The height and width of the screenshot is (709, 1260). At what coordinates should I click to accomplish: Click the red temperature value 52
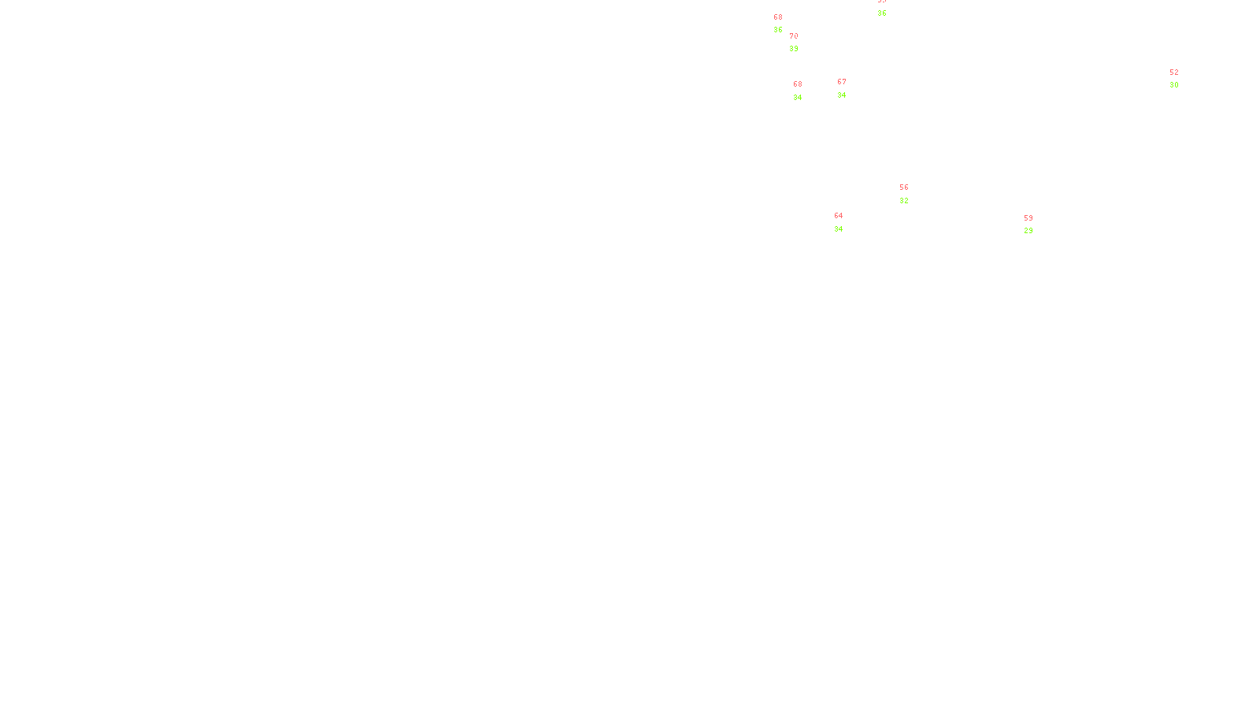click(x=1174, y=72)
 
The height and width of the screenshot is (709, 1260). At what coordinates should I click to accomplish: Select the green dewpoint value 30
click(x=1174, y=85)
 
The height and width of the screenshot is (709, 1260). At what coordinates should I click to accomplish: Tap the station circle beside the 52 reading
click(x=1181, y=80)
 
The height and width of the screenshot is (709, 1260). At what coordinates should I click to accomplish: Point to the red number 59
click(x=1028, y=218)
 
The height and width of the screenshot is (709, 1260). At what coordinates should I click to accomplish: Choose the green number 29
click(x=1028, y=231)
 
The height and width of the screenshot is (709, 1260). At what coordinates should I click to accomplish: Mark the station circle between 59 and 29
click(x=1036, y=225)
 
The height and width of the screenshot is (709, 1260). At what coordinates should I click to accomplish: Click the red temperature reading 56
click(x=904, y=187)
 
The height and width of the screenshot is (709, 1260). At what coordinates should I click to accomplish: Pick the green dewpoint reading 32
click(x=904, y=201)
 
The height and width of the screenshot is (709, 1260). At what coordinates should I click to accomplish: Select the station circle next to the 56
click(x=911, y=194)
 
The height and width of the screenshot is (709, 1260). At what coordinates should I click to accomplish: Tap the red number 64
click(x=839, y=216)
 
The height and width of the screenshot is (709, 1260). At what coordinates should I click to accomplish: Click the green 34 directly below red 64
click(x=839, y=229)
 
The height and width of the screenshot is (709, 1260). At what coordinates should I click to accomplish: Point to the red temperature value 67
click(x=842, y=82)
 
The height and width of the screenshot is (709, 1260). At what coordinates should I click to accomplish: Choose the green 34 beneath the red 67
click(x=842, y=95)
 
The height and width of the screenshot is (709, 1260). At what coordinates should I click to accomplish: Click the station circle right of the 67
click(x=850, y=88)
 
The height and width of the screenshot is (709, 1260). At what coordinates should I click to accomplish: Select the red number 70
click(x=794, y=36)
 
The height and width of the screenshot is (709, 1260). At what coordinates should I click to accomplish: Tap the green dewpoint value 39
click(x=794, y=49)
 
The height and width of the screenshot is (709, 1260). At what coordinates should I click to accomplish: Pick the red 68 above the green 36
click(x=778, y=17)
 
